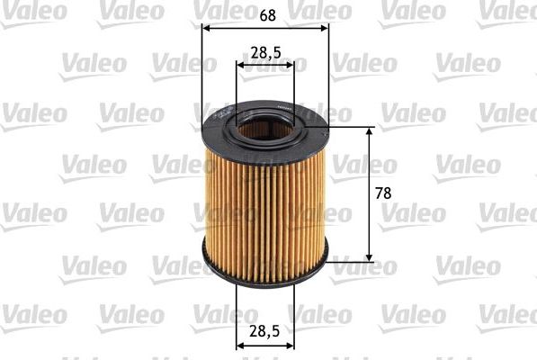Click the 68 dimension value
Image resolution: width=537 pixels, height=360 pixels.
266,13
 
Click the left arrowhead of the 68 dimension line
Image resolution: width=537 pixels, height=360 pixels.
206,27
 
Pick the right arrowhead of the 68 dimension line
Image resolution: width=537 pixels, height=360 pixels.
325,27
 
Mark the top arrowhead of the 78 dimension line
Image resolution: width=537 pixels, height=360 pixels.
369,131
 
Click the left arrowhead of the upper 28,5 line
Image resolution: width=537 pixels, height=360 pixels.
240,66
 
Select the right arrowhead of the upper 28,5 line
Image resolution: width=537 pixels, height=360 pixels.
291,66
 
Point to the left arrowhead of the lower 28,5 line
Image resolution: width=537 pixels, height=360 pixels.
240,345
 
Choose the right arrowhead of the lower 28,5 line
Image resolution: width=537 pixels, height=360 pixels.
291,345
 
